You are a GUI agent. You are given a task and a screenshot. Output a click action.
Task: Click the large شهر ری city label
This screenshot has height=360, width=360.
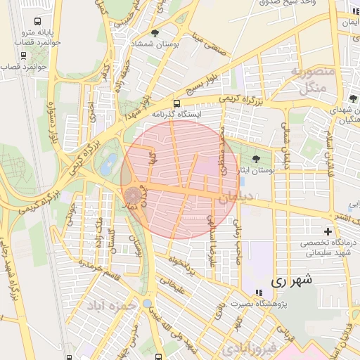tap(290, 280)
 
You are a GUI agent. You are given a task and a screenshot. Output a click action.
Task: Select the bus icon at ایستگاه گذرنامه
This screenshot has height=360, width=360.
tap(176, 102)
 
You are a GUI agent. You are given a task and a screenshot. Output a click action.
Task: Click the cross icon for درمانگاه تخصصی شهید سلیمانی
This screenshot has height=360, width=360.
tap(328, 231)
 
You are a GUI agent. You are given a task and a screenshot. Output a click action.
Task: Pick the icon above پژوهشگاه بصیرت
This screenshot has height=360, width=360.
tap(258, 292)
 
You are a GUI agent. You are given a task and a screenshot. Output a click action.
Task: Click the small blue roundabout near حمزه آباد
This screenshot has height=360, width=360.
tap(146, 304)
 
